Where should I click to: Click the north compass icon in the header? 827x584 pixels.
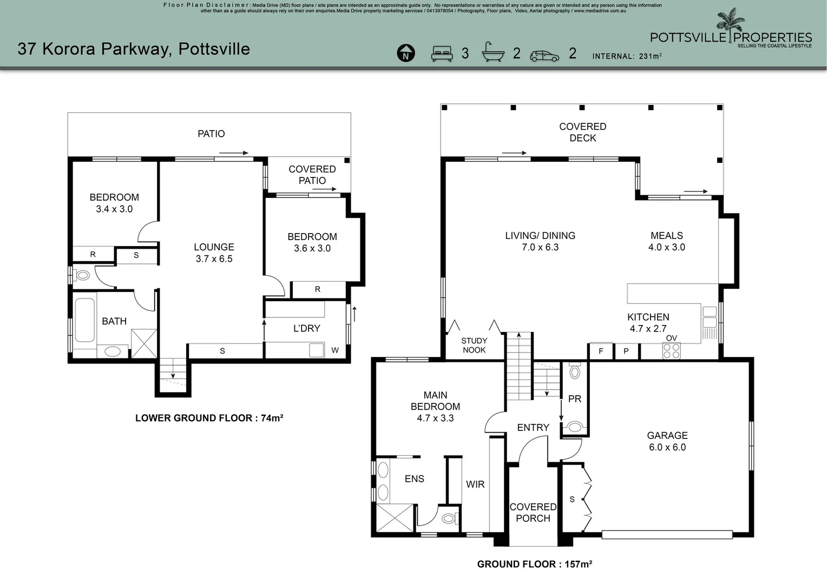click(405, 54)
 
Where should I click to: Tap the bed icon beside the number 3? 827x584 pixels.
click(442, 54)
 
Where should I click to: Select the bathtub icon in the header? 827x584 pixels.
click(493, 52)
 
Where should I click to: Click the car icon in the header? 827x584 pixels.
click(544, 56)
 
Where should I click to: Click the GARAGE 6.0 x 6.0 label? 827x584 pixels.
click(667, 441)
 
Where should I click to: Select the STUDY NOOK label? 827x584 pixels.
click(474, 345)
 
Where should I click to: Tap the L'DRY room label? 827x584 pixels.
click(306, 328)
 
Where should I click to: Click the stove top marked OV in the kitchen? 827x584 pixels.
click(671, 351)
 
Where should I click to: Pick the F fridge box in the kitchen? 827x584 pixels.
click(600, 351)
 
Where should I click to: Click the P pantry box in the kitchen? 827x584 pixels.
click(626, 351)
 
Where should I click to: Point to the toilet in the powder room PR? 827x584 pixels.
click(574, 371)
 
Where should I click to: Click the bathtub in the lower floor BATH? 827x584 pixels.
click(84, 320)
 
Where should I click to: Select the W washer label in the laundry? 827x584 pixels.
click(334, 350)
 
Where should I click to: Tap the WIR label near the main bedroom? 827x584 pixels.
click(475, 484)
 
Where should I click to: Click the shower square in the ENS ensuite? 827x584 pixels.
click(395, 517)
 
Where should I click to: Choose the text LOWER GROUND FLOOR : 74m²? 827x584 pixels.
click(209, 418)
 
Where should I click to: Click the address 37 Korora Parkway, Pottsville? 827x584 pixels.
click(134, 49)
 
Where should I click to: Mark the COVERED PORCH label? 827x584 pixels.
click(533, 512)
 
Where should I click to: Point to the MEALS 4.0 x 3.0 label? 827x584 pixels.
click(666, 241)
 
